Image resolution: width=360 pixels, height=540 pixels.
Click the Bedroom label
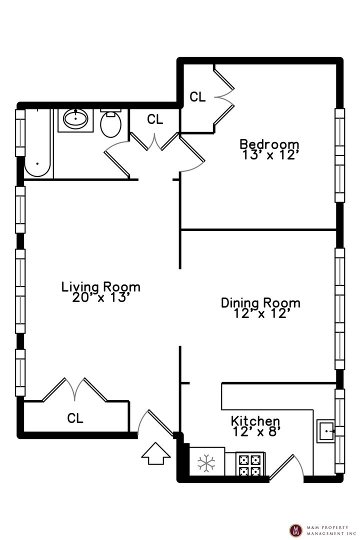269,144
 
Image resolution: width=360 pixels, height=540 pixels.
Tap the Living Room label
101,286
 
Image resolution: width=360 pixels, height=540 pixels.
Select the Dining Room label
260,302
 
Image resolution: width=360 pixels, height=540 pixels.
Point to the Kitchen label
255,421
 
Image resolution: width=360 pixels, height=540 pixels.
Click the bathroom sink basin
75,119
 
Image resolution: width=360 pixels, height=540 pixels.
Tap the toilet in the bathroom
110,123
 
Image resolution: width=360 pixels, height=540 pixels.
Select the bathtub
37,143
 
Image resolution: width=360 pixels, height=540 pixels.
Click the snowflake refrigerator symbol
206,463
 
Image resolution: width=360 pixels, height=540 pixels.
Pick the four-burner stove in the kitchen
250,464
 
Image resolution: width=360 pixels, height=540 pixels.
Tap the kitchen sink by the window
325,431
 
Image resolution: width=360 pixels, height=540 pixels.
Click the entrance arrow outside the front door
155,453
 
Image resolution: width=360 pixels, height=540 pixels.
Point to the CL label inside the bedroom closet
197,97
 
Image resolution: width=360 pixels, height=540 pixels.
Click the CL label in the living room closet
75,418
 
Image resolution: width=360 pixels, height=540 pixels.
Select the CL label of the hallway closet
154,119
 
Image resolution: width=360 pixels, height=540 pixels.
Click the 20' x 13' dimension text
101,297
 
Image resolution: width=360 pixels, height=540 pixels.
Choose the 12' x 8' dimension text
255,431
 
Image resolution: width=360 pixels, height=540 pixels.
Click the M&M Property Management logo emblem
295,530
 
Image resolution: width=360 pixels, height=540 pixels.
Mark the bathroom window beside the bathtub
20,133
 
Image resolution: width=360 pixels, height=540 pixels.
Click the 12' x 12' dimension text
260,313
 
